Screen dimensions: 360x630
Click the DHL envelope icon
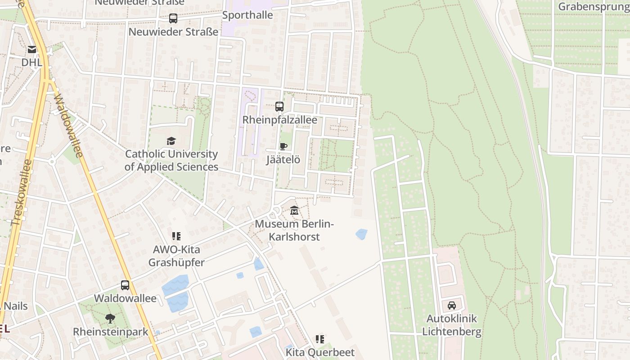pos(32,49)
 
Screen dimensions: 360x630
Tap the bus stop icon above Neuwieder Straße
pos(173,18)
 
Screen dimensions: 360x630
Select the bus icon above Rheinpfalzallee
pos(279,107)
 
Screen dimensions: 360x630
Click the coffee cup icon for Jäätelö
pos(283,146)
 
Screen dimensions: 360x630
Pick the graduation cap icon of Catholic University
pos(171,141)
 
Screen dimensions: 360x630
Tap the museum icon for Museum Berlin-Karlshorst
pos(294,210)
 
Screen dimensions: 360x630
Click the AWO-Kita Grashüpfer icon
pos(176,236)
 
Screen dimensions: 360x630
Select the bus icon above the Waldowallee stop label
pos(125,285)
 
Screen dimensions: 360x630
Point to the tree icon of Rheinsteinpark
pos(110,319)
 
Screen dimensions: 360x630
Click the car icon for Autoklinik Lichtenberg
pos(451,306)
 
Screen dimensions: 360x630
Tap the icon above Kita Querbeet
pos(320,339)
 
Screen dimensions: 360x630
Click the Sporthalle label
pos(247,15)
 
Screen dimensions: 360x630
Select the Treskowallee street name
pos(22,192)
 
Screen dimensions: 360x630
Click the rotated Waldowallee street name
pos(67,126)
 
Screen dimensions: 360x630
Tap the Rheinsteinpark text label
pos(111,332)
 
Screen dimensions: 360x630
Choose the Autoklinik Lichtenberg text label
pos(451,325)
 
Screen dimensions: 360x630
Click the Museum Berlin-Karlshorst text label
pos(294,230)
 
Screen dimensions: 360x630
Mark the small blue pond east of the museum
pos(361,234)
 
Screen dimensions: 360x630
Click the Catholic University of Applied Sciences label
pos(171,161)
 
